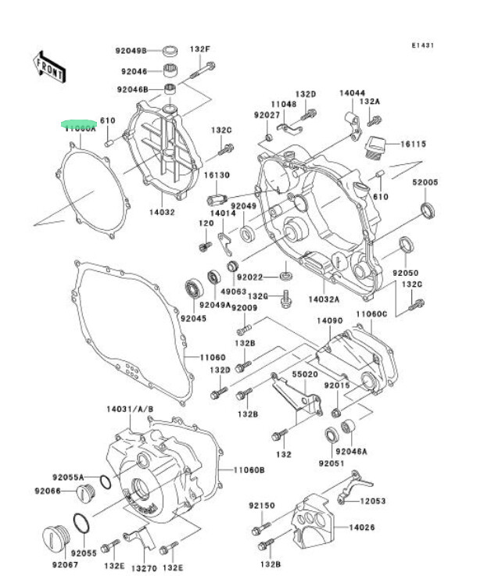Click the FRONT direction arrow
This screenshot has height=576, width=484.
click(x=49, y=66)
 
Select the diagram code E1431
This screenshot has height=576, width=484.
click(x=424, y=45)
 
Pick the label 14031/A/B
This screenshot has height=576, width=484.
click(x=130, y=410)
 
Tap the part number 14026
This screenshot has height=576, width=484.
click(x=361, y=528)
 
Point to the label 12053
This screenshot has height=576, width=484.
click(x=372, y=500)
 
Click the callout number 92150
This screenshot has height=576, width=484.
click(x=262, y=506)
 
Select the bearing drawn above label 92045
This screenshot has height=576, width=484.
click(x=192, y=288)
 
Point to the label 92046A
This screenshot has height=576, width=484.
click(x=351, y=451)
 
